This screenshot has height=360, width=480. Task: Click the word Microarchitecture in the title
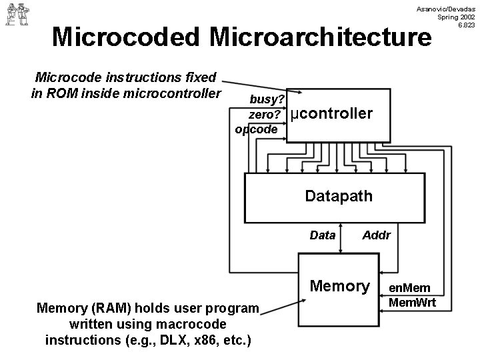[x=319, y=37]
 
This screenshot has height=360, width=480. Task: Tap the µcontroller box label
[x=332, y=114]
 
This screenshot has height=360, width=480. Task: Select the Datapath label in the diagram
[x=338, y=196]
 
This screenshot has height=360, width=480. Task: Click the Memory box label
[x=340, y=286]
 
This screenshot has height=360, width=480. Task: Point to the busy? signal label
[x=267, y=99]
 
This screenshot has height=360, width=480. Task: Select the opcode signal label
[x=256, y=129]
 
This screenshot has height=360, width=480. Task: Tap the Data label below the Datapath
[x=323, y=235]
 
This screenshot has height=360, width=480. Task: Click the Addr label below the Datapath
[x=376, y=235]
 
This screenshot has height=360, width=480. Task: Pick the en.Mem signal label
[x=410, y=288]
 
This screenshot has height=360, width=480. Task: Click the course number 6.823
[x=464, y=25]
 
